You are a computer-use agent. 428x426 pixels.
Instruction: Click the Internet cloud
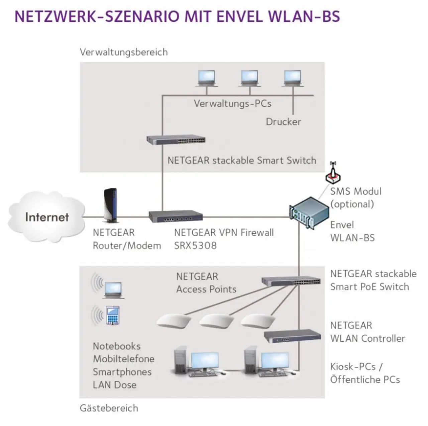[x=46, y=217]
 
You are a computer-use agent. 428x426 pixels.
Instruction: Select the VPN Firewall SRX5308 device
[x=176, y=217]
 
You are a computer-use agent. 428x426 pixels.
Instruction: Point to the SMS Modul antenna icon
[x=333, y=173]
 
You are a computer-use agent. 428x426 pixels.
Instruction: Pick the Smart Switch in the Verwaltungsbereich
[x=176, y=140]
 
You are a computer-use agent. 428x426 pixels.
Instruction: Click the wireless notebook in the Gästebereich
[x=113, y=290]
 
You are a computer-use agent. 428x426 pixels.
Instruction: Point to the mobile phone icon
[x=113, y=315]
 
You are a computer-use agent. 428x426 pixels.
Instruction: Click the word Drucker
[x=283, y=122]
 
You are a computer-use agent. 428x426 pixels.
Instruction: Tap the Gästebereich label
[x=109, y=408]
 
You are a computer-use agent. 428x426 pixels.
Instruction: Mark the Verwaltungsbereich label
[x=124, y=52]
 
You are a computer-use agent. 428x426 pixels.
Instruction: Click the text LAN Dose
[x=114, y=385]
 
